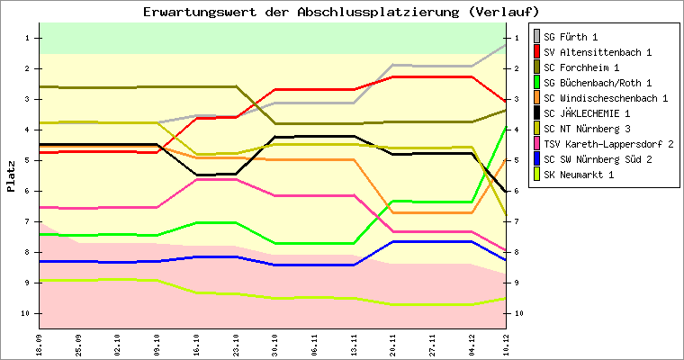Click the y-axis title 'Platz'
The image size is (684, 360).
coord(11,176)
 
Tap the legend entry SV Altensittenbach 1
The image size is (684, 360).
coord(590,52)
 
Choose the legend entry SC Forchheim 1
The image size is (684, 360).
coord(581,67)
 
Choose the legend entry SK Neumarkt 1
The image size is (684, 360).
coord(579,175)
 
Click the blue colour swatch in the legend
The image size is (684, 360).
coord(538,159)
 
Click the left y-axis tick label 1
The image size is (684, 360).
coord(28,38)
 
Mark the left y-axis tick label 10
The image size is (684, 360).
coord(26,313)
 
